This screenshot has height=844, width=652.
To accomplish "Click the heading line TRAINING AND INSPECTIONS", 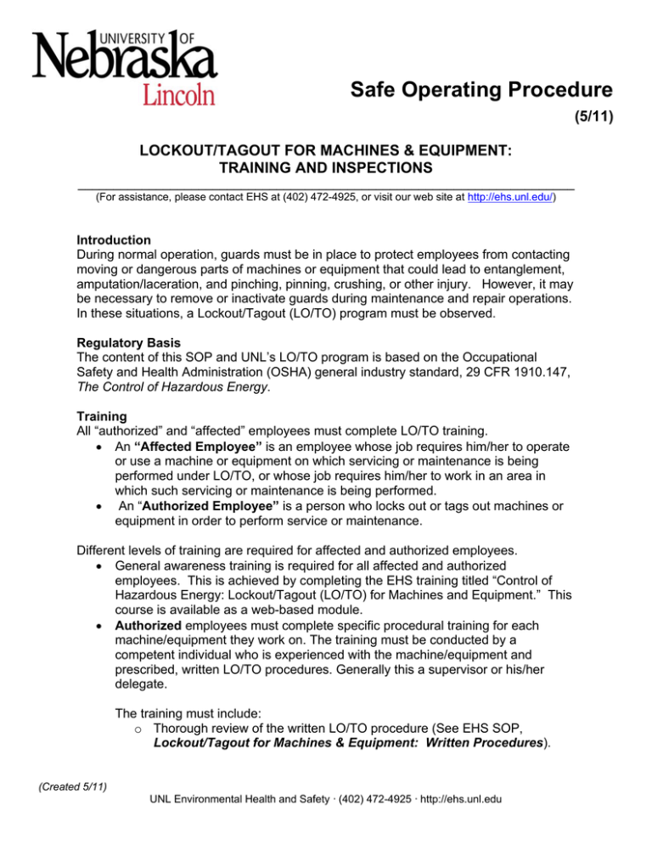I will [x=325, y=168].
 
